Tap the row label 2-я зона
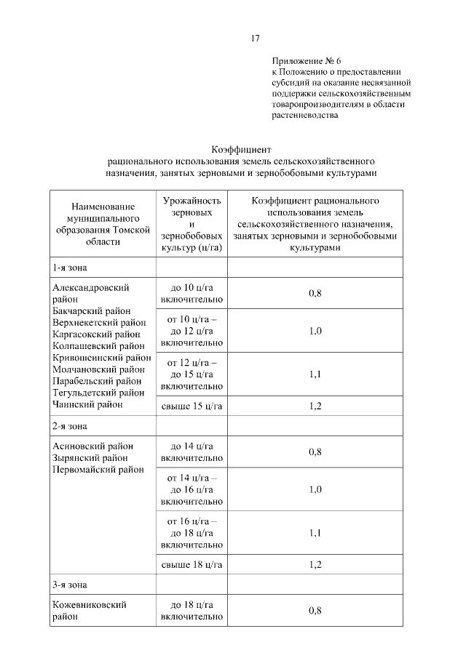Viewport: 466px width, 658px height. tap(69, 425)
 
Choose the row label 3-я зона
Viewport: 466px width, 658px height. tap(69, 584)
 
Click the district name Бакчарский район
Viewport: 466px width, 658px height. tap(97, 310)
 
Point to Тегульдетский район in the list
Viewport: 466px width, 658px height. tap(99, 392)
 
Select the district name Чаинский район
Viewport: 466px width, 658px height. tap(88, 404)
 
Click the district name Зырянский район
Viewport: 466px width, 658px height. tap(90, 458)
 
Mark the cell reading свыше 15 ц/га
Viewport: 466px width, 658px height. tap(192, 406)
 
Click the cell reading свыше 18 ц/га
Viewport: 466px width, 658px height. tap(192, 564)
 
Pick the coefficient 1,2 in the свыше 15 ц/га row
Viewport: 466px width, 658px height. tap(315, 406)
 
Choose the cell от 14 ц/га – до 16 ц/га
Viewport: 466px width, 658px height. tap(192, 489)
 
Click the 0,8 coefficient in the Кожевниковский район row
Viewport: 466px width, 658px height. tap(315, 610)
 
